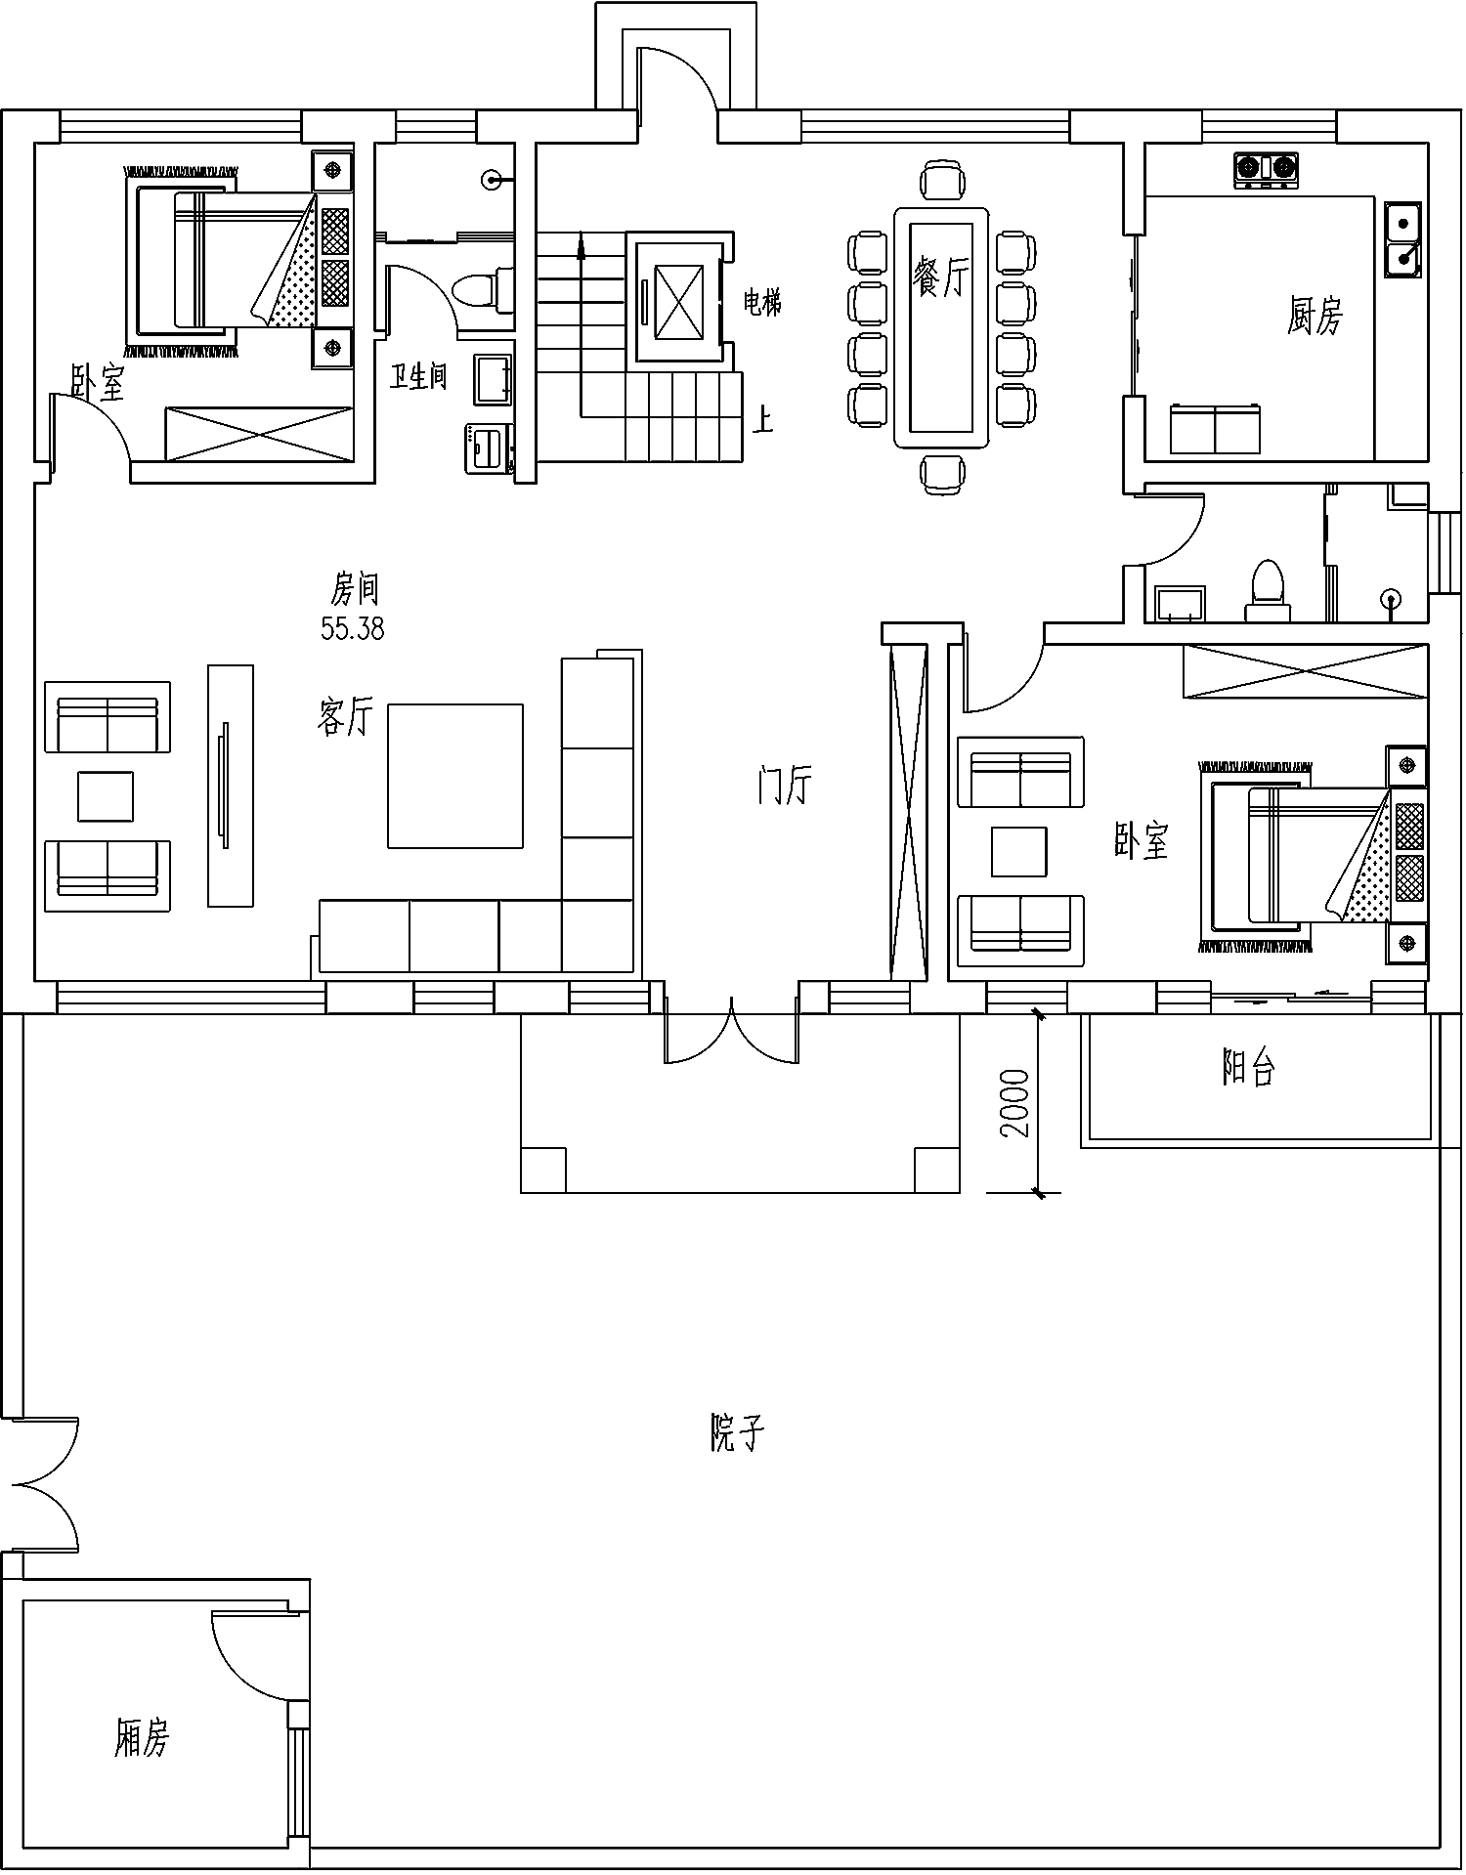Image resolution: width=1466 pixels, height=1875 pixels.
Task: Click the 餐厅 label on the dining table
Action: pos(941,276)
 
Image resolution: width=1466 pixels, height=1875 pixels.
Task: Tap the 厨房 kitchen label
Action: pos(1315,315)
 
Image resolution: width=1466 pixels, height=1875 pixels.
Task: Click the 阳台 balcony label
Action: pos(1249,1068)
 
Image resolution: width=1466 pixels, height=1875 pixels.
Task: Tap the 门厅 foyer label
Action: pos(784,785)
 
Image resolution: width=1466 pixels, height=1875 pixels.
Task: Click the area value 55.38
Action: pos(353,629)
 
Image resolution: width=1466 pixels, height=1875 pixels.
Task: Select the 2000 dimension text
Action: pos(1015,1103)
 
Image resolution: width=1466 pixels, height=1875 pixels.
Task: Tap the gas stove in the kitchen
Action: pos(1267,169)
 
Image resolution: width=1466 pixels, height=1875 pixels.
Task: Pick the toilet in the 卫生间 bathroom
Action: pos(483,290)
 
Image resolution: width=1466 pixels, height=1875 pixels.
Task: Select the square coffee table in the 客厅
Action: pos(454,776)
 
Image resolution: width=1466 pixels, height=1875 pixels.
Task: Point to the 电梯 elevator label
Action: pos(762,304)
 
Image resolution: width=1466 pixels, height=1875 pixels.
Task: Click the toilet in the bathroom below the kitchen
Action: pos(1268,588)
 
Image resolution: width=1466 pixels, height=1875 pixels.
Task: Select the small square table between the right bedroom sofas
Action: pos(1019,850)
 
